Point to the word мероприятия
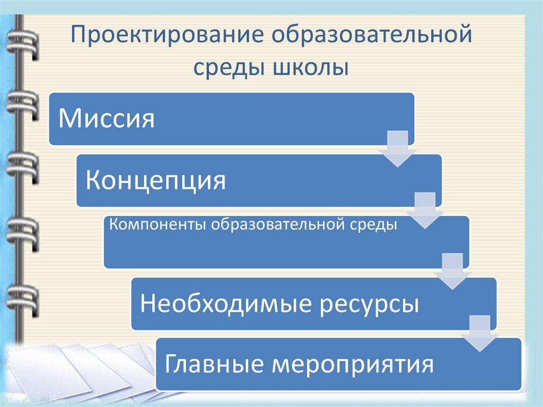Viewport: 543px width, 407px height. [353, 365]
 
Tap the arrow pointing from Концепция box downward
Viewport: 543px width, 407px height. [425, 211]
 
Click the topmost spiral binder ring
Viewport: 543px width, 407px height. [21, 40]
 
